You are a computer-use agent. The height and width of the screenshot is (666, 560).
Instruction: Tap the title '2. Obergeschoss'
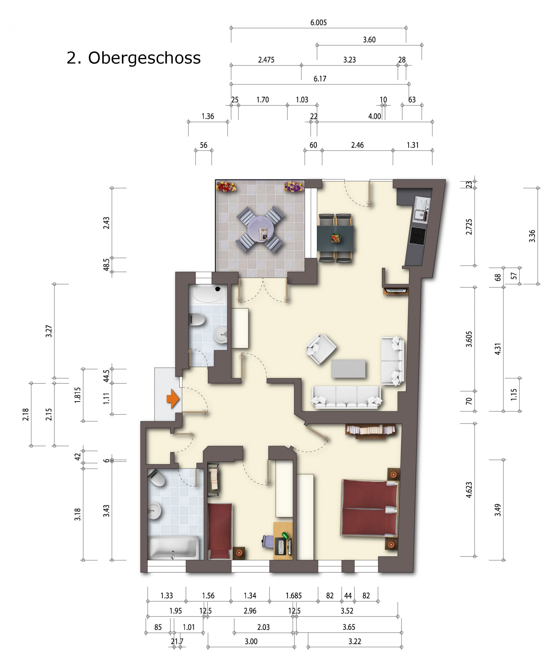[x=134, y=58]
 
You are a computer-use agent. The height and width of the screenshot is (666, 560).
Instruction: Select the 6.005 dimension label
[x=318, y=23]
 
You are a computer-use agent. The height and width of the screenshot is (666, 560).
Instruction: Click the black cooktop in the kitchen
[x=418, y=236]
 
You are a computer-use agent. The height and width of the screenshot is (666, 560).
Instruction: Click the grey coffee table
[x=348, y=369]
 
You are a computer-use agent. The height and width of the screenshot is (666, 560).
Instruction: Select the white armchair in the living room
[x=321, y=349]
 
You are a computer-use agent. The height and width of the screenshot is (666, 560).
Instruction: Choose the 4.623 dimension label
[x=469, y=490]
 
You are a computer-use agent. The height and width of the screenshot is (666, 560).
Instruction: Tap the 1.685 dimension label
[x=294, y=595]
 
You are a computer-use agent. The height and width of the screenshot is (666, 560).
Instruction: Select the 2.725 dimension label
[x=469, y=227]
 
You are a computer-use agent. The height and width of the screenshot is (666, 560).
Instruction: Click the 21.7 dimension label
[x=177, y=642]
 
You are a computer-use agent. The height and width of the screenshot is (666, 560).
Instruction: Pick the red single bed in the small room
[x=219, y=531]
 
